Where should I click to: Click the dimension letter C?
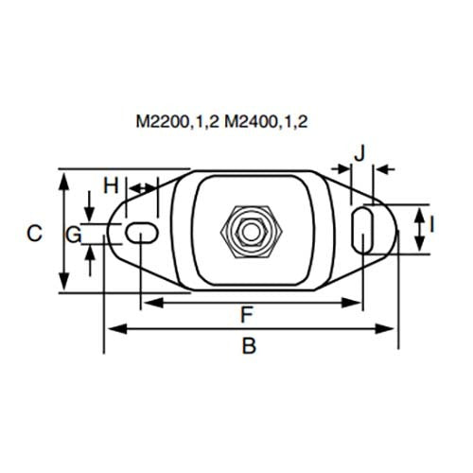[34, 232]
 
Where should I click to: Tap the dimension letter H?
[111, 184]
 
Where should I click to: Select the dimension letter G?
[73, 232]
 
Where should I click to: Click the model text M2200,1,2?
[178, 123]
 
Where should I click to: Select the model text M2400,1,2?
[268, 123]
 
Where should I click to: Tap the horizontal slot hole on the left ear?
[141, 230]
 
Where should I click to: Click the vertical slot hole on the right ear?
[363, 230]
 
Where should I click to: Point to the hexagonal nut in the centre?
[250, 230]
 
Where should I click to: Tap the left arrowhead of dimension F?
[147, 303]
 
